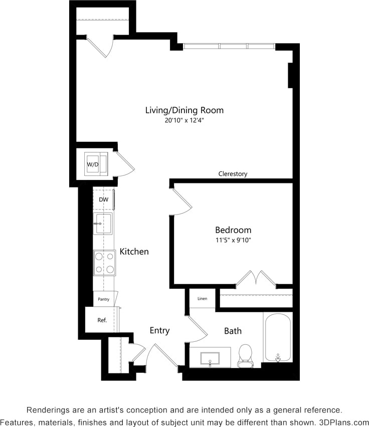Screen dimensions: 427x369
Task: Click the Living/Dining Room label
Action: pos(184,110)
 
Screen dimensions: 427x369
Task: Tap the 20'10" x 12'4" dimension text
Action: pos(184,120)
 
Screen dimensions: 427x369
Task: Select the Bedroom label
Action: pos(233,230)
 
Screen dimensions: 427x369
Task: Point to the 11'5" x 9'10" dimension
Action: pos(233,240)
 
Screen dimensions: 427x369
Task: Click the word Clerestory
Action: pos(233,174)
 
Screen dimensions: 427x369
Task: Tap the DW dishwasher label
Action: pos(104,199)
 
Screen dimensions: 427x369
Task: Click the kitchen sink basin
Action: pos(104,223)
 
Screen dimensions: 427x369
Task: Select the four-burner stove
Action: pos(104,263)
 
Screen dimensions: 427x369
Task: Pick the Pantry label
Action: pos(104,299)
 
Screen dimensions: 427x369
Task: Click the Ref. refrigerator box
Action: pos(102,320)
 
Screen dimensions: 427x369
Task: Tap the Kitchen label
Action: pos(134,252)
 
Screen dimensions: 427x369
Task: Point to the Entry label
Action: pos(159,331)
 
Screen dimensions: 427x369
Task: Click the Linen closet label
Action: pos(202,299)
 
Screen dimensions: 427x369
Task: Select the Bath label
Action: pos(233,331)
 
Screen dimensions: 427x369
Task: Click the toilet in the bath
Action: pos(246,355)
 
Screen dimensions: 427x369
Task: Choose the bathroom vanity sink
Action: pos(210,358)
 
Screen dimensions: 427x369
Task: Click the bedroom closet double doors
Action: pos(258,278)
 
